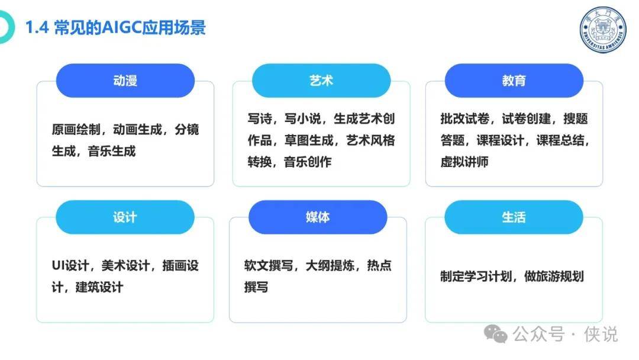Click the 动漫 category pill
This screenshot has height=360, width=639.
[x=125, y=81]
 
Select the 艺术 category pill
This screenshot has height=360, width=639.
[x=321, y=81]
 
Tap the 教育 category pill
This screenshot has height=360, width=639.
[x=514, y=81]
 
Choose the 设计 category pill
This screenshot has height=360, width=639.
[x=125, y=217]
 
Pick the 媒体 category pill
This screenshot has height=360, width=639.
[x=318, y=217]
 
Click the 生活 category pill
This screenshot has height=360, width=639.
[x=514, y=217]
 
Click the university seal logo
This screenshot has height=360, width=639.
[x=603, y=30]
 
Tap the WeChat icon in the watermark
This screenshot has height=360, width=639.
[x=496, y=334]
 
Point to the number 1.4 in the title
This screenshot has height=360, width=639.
[x=37, y=28]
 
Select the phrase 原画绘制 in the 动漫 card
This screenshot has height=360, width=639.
[x=76, y=130]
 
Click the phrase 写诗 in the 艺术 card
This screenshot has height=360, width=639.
[x=260, y=118]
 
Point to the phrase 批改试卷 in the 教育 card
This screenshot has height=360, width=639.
[x=465, y=118]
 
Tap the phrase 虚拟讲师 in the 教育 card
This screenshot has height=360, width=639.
[x=464, y=162]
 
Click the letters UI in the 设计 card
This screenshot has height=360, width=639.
[x=58, y=265]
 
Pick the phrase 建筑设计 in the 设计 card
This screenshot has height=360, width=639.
[x=99, y=287]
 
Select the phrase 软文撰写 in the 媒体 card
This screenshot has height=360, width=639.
[x=269, y=265]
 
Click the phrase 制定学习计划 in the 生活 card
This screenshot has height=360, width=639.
[x=476, y=277]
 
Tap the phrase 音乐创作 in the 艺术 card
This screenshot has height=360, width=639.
[x=308, y=162]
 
